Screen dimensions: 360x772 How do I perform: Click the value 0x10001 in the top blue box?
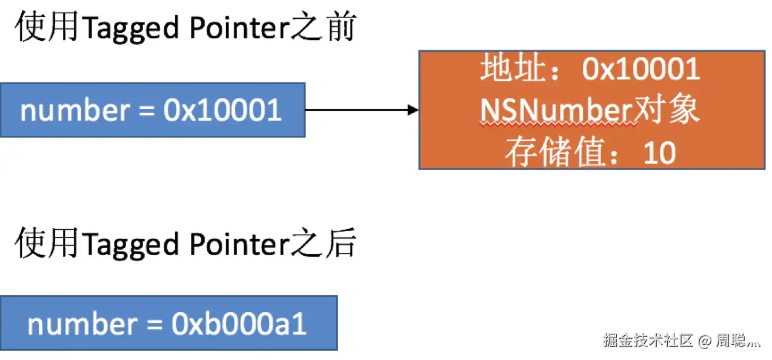point(222,111)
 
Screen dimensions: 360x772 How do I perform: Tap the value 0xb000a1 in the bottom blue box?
point(239,325)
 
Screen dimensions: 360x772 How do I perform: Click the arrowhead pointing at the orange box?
point(413,110)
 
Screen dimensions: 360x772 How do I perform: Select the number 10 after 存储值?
point(659,154)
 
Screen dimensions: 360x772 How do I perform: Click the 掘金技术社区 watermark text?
point(648,341)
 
